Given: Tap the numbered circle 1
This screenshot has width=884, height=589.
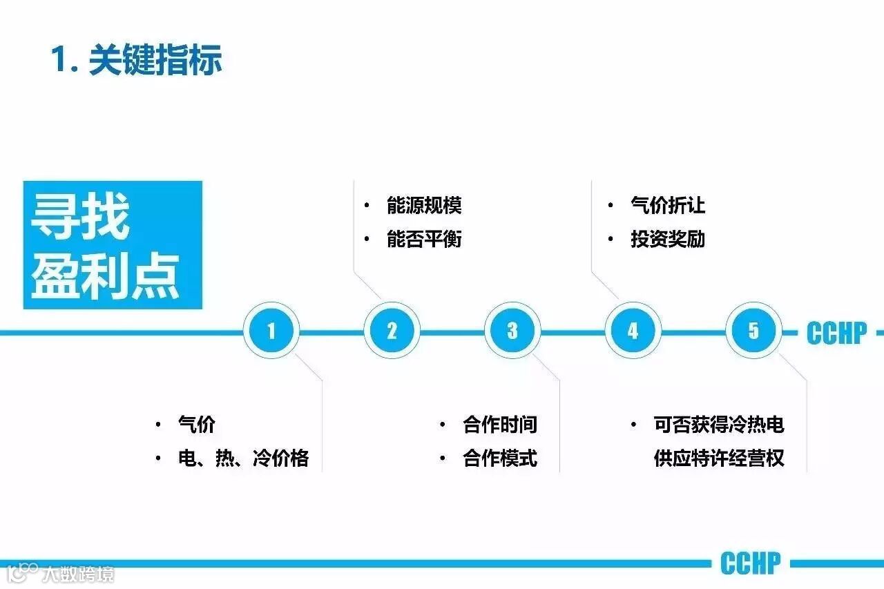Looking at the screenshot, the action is pyautogui.click(x=271, y=331).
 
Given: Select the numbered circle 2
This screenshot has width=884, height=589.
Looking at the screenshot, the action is pyautogui.click(x=392, y=331).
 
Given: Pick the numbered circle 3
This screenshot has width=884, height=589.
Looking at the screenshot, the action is pyautogui.click(x=512, y=331).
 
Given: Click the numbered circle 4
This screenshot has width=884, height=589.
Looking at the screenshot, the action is pyautogui.click(x=633, y=331).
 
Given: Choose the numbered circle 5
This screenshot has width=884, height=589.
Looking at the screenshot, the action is pyautogui.click(x=753, y=331).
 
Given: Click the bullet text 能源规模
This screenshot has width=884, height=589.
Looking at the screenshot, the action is pyautogui.click(x=424, y=206).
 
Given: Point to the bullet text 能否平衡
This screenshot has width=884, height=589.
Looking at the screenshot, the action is pyautogui.click(x=424, y=240).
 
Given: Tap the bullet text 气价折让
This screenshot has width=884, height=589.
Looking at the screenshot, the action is pyautogui.click(x=667, y=206).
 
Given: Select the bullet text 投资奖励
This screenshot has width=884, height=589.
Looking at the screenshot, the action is pyautogui.click(x=667, y=240).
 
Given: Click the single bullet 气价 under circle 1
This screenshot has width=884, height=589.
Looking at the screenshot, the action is pyautogui.click(x=197, y=424).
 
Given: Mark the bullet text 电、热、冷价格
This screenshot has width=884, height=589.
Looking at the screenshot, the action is pyautogui.click(x=243, y=458).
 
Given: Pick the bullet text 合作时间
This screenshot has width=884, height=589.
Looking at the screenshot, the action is pyautogui.click(x=500, y=424).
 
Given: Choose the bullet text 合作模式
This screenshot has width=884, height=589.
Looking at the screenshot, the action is pyautogui.click(x=500, y=458).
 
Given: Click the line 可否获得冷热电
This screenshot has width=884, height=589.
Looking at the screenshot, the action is pyautogui.click(x=719, y=424).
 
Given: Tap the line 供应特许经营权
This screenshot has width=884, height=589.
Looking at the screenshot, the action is pyautogui.click(x=719, y=458).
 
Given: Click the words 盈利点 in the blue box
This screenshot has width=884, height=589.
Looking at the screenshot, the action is pyautogui.click(x=105, y=276).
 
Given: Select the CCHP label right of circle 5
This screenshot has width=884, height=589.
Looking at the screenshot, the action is pyautogui.click(x=836, y=334).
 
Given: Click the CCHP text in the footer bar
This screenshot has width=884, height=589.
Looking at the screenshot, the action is pyautogui.click(x=750, y=563).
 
